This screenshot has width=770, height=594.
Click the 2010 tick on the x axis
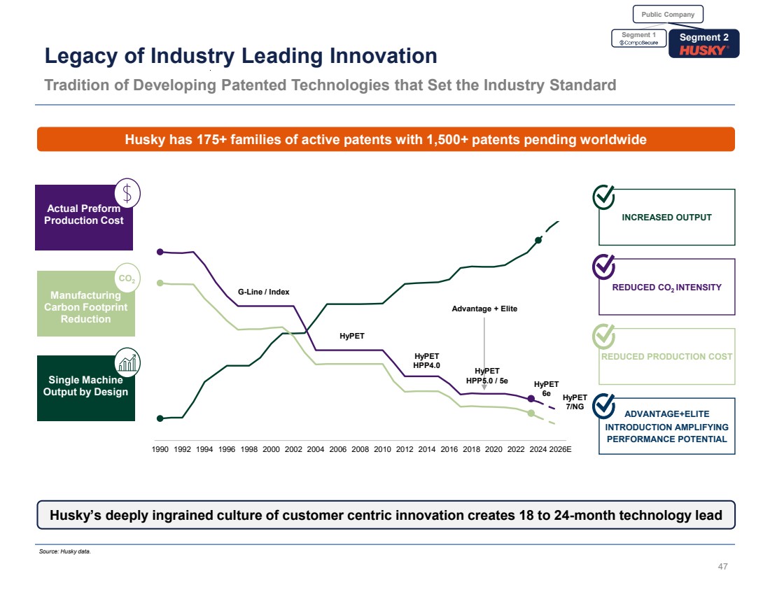tap(382, 448)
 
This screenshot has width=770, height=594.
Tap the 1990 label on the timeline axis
tap(160, 448)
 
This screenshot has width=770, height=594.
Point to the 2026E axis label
tap(561, 448)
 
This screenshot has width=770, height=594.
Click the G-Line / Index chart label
tap(263, 292)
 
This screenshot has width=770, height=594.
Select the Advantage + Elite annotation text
tap(484, 309)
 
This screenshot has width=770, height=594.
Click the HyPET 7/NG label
tap(575, 402)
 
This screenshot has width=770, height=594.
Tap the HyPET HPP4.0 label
tap(426, 360)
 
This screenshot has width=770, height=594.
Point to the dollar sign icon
tap(127, 192)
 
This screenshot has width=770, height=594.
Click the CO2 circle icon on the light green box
tap(127, 279)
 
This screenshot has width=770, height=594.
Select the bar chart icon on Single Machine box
tap(127, 362)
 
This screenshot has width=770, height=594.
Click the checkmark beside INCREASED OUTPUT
tap(605, 197)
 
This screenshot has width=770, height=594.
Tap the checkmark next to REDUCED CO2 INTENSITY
tap(605, 266)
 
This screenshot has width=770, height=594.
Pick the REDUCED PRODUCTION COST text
tap(667, 356)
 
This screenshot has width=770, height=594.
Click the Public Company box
tap(668, 14)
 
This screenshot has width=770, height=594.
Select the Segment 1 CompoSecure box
tap(639, 38)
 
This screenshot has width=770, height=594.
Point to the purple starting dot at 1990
tap(160, 252)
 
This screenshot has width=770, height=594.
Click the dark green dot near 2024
tap(538, 240)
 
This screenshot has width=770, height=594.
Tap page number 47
tap(723, 567)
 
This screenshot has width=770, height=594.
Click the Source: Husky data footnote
tap(65, 551)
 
